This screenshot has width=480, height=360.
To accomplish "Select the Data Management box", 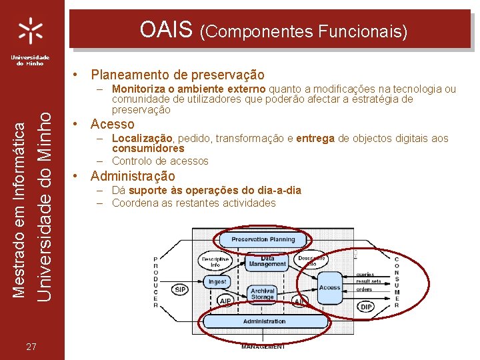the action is click(x=268, y=263).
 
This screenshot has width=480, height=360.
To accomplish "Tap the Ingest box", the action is click(x=217, y=281).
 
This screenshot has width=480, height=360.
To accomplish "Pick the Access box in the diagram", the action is click(x=329, y=287).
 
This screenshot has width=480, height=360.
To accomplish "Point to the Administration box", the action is click(x=264, y=321).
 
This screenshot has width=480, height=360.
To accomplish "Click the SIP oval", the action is click(x=181, y=290).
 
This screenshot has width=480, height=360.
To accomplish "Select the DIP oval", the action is click(x=366, y=307).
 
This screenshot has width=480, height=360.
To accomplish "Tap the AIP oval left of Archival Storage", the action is click(x=225, y=301).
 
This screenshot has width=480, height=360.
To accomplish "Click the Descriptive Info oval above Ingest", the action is click(x=215, y=261).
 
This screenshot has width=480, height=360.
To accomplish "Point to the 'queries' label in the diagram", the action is click(x=365, y=273).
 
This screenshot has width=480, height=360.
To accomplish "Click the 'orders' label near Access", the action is click(x=364, y=289).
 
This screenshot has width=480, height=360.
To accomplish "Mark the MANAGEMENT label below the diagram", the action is click(x=263, y=347).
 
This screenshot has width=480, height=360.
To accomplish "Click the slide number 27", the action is click(x=31, y=346).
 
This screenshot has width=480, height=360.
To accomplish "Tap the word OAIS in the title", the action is click(x=166, y=29).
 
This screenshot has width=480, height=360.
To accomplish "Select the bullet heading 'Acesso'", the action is click(x=112, y=124).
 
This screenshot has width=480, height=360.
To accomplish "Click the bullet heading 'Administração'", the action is click(x=133, y=176).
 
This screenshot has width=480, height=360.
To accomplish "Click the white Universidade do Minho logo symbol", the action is click(x=31, y=30).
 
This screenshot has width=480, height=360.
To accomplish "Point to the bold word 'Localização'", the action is click(x=142, y=138).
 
